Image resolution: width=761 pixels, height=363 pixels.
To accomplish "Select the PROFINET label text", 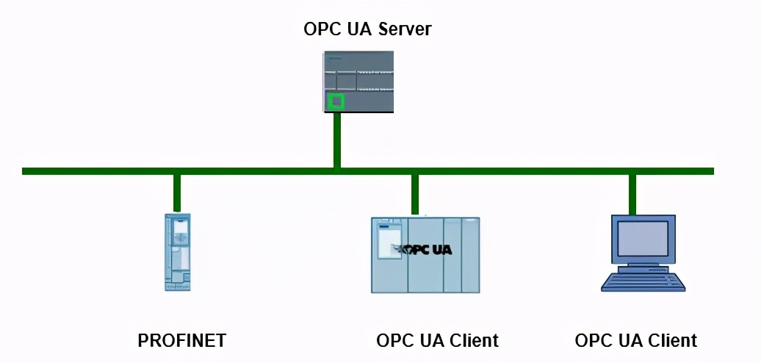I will [x=181, y=341].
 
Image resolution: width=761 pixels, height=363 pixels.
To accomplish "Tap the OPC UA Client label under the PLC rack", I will [x=437, y=341].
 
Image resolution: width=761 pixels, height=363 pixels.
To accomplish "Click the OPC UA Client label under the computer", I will [x=635, y=341].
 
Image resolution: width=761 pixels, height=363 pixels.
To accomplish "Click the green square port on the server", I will [x=336, y=101].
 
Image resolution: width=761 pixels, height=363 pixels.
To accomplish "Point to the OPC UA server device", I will [x=358, y=81].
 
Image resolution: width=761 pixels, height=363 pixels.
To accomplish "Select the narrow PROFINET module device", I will [x=177, y=251].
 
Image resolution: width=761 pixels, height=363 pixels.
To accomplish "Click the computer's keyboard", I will [x=643, y=282].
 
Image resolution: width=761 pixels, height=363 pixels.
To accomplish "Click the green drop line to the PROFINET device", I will [x=177, y=193].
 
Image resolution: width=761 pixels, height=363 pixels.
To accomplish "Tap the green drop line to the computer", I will [x=632, y=194].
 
